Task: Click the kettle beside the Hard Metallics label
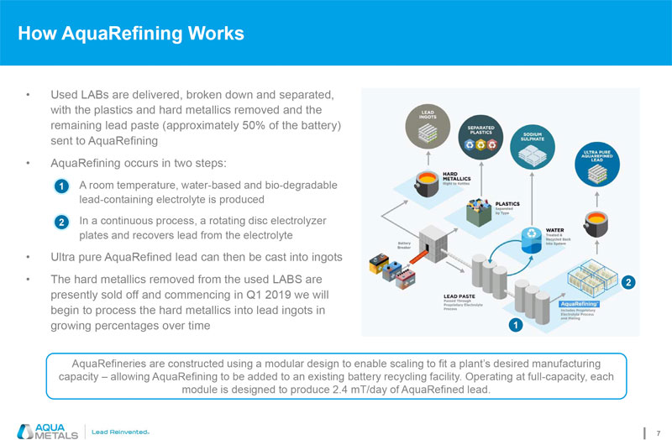(426, 181)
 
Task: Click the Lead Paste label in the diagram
(459, 296)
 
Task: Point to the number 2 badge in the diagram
(627, 283)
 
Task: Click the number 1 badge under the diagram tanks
(513, 323)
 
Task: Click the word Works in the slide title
(212, 34)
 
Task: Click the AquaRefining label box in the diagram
(578, 304)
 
